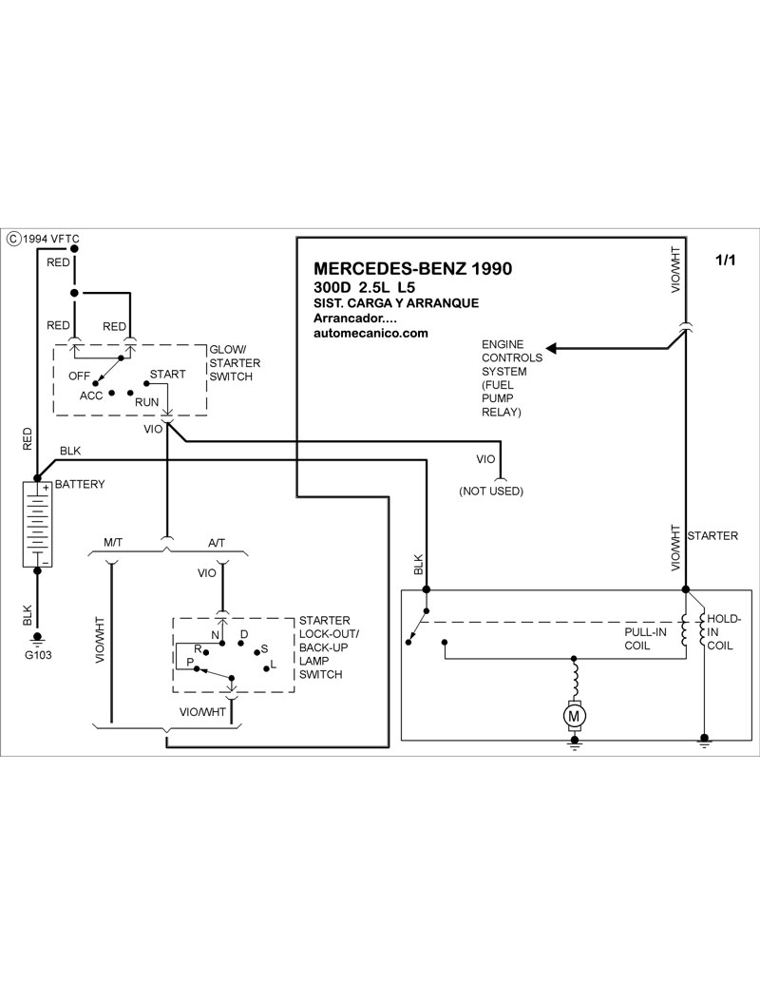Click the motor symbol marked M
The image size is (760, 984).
pyautogui.click(x=574, y=712)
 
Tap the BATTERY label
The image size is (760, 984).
pyautogui.click(x=80, y=484)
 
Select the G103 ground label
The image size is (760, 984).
pyautogui.click(x=39, y=655)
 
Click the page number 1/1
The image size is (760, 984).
pyautogui.click(x=725, y=260)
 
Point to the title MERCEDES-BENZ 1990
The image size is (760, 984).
pyautogui.click(x=412, y=268)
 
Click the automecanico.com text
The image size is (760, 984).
pyautogui.click(x=370, y=334)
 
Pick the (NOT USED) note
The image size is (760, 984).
pyautogui.click(x=491, y=491)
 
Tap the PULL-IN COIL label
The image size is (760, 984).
pyautogui.click(x=647, y=639)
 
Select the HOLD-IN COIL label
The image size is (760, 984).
pyautogui.click(x=724, y=631)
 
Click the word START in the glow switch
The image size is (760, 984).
pyautogui.click(x=168, y=374)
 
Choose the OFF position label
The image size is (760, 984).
pyautogui.click(x=80, y=376)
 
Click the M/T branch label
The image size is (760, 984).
pyautogui.click(x=113, y=543)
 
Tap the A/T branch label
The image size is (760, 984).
pyautogui.click(x=216, y=543)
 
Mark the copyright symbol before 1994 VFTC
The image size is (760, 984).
pyautogui.click(x=12, y=239)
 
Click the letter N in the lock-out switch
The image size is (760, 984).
pyautogui.click(x=215, y=634)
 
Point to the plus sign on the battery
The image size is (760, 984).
pyautogui.click(x=45, y=488)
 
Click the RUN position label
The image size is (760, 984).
pyautogui.click(x=146, y=403)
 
